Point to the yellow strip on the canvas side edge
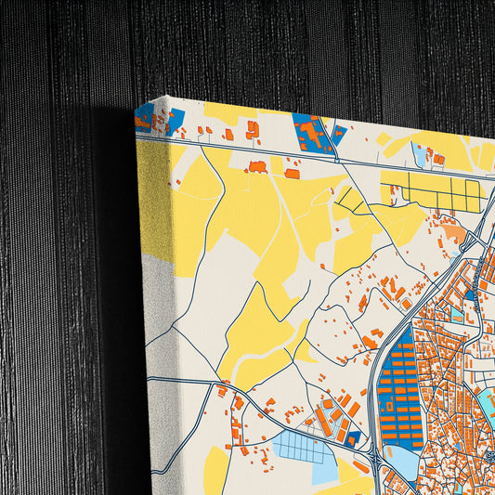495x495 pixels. (x=153, y=195)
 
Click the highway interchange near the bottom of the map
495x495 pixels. (x=372, y=459)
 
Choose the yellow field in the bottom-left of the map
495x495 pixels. (x=215, y=469)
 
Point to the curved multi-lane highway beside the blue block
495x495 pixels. (x=375, y=371)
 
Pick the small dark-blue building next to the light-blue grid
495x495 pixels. (x=353, y=437)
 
